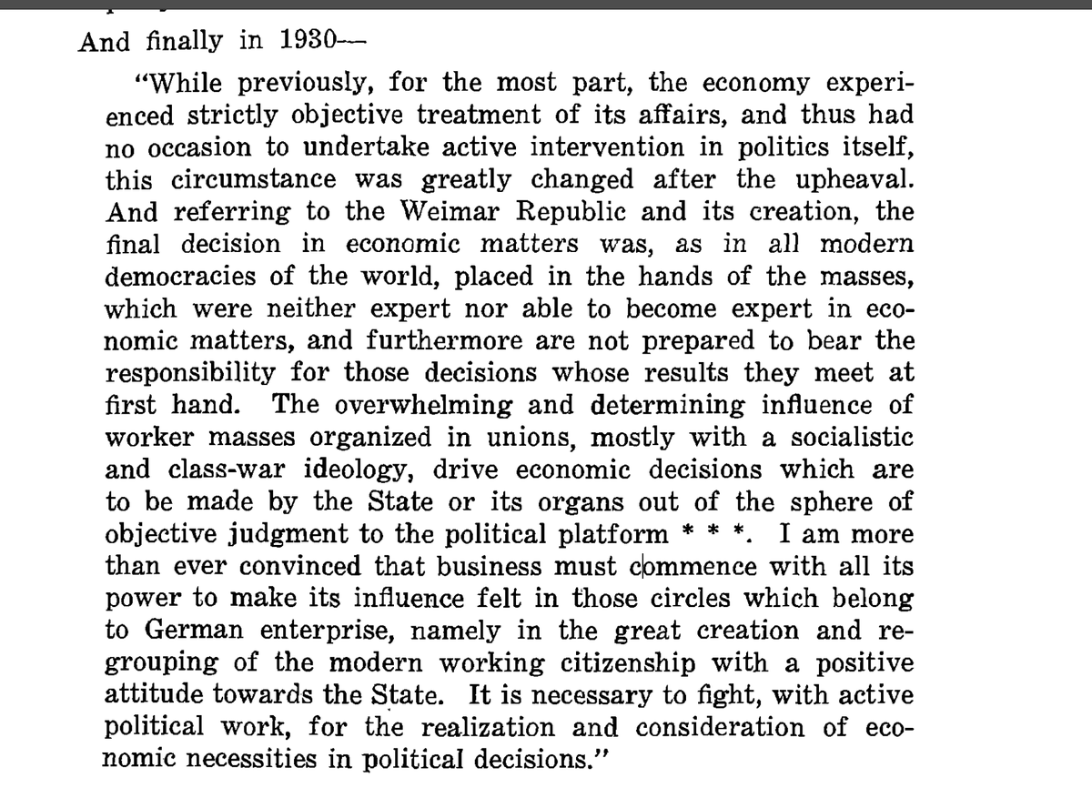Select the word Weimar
coord(443,212)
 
